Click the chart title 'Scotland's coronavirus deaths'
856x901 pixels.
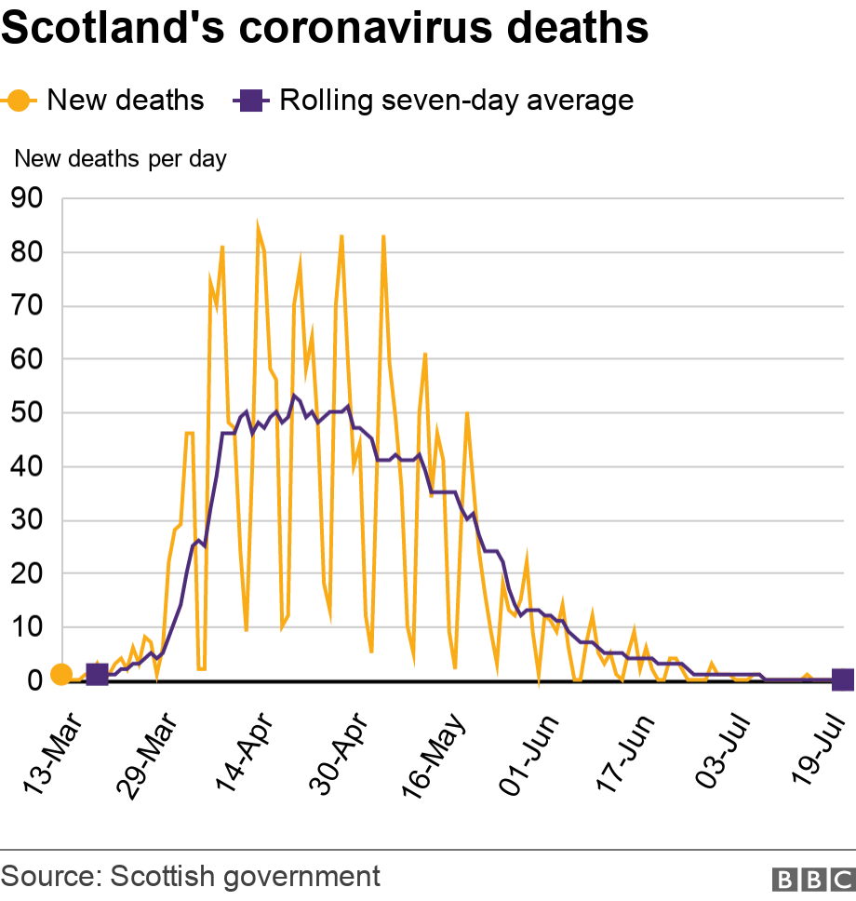coord(325,28)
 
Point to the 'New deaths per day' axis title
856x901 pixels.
coord(120,159)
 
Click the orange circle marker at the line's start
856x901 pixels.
coord(60,674)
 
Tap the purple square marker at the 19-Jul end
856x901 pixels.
coord(842,680)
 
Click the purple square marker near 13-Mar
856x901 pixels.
coord(97,675)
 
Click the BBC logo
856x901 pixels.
coord(812,879)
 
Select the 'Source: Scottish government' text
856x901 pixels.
coord(192,876)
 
